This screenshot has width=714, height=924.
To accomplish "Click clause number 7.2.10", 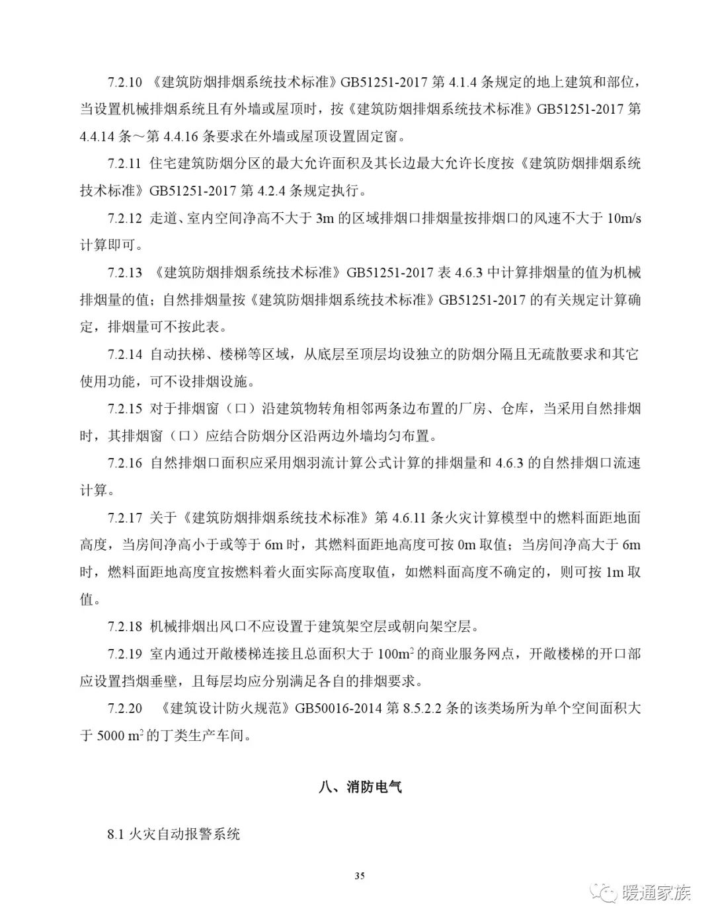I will [x=125, y=83].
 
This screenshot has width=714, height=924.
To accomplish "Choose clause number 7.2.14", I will [x=125, y=354].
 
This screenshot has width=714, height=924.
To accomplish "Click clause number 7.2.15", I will [x=125, y=408].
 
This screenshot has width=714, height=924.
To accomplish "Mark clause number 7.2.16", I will [x=125, y=463].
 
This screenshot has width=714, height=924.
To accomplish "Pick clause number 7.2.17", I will [x=125, y=517].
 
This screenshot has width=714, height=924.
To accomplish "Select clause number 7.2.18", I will [x=125, y=626].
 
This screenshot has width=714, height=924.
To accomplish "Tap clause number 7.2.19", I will [x=125, y=654].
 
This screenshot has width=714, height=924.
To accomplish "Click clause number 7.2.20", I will [x=125, y=708].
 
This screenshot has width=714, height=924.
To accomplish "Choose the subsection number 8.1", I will [x=116, y=834].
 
